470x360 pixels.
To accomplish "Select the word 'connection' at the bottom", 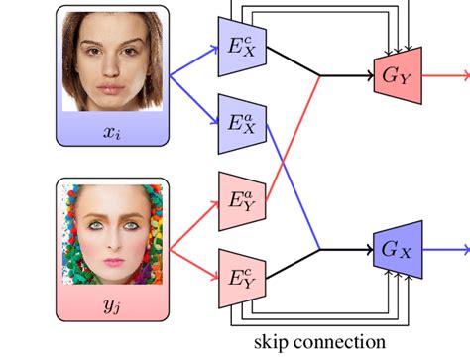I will (x=336, y=343).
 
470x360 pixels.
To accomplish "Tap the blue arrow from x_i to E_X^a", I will (x=192, y=98).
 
